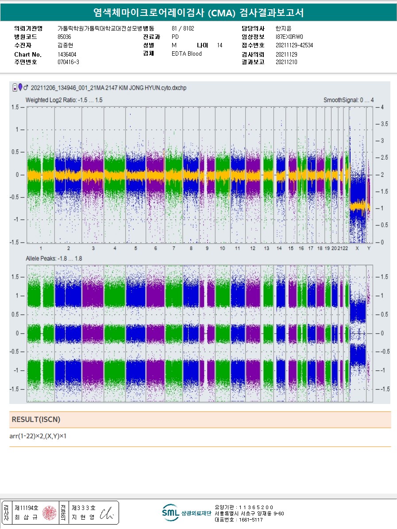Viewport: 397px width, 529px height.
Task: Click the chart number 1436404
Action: pos(67,54)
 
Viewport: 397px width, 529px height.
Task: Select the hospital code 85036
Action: pos(64,37)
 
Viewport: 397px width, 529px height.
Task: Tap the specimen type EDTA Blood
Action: pos(186,54)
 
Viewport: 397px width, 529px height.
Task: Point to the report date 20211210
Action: pos(286,62)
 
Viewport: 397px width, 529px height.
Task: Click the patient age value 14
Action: pos(220,45)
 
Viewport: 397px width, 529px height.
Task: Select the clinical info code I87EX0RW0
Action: pos(289,37)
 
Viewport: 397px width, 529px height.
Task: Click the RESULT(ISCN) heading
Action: pos(36,419)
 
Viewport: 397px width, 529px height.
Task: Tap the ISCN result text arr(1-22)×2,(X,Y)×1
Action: pos(38,437)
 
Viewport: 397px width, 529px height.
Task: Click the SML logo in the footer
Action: pos(170,513)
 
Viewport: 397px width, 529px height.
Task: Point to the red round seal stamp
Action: pos(49,513)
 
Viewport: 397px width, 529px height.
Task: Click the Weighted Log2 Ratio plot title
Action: pos(64,100)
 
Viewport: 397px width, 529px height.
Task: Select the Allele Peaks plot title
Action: pos(54,259)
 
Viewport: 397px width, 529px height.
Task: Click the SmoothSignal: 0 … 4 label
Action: pos(349,100)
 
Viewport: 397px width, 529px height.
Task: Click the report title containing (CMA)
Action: pos(198,12)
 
